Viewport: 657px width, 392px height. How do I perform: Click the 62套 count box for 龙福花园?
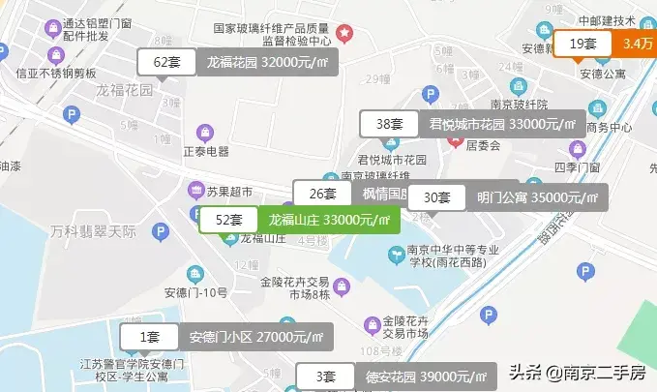click(167, 62)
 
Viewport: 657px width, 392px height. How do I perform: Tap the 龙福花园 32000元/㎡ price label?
click(263, 62)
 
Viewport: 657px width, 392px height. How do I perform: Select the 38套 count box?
click(389, 124)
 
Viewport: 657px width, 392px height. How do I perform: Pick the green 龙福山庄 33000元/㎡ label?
click(329, 221)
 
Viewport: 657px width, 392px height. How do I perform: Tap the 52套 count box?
click(228, 221)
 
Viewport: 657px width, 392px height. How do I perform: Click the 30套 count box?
click(437, 197)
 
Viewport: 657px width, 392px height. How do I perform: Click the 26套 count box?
click(322, 193)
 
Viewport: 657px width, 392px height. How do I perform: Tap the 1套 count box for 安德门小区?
click(149, 337)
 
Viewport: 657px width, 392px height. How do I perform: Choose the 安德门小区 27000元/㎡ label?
click(255, 337)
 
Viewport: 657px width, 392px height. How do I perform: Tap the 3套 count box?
click(328, 377)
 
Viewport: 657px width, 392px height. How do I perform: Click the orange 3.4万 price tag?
click(637, 44)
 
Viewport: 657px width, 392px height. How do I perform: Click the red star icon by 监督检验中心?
click(344, 34)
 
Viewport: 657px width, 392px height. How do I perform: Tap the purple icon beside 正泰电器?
click(204, 132)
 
